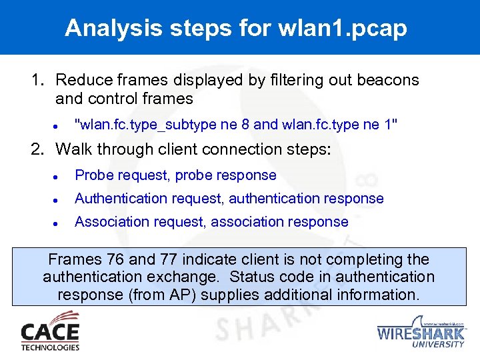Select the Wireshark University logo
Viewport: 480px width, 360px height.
coord(421,332)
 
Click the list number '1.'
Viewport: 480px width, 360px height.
coord(37,80)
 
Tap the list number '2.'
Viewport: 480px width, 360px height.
coord(37,149)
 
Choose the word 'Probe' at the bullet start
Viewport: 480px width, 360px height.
coord(93,175)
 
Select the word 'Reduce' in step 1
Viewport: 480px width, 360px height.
coord(82,80)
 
